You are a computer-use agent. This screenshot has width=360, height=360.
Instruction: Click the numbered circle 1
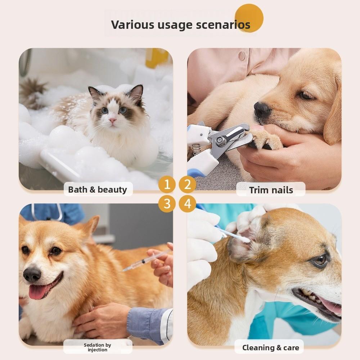[167, 185]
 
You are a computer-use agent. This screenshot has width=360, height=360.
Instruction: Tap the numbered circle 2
[188, 185]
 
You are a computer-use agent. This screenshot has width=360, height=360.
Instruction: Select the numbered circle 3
[167, 203]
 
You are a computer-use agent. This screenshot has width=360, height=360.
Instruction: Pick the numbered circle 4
[188, 203]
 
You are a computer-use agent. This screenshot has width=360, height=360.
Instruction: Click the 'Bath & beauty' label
[98, 189]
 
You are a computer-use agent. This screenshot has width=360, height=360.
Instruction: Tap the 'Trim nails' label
[271, 190]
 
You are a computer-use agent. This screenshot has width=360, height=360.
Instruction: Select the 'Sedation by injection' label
[98, 347]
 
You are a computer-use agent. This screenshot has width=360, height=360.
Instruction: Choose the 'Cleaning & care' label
[270, 347]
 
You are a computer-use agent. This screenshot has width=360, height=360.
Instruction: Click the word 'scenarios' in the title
[223, 24]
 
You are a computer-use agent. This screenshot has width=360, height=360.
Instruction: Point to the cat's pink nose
[113, 120]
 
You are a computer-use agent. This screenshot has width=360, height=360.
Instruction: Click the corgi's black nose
[32, 274]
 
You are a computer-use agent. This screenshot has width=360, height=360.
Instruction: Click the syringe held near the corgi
[144, 262]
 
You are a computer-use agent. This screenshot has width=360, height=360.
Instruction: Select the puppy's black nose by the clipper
[261, 110]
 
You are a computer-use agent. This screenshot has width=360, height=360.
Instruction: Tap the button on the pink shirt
[241, 56]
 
